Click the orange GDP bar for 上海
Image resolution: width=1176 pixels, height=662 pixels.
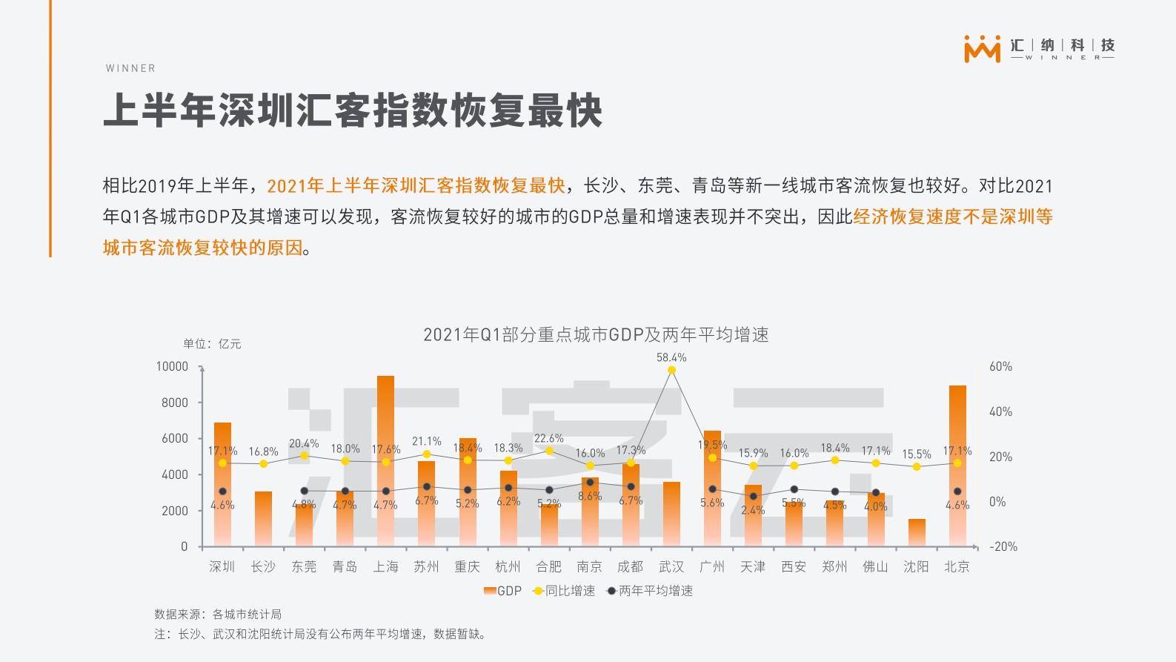point(385,460)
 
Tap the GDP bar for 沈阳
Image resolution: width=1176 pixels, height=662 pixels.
point(917,532)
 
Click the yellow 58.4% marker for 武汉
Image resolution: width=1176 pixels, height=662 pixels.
point(671,370)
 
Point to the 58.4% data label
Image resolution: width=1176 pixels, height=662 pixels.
point(671,357)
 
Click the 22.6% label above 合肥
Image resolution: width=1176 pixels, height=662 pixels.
point(549,438)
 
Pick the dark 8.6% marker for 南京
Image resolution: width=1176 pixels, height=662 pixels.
point(590,483)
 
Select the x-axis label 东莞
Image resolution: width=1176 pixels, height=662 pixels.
point(304,566)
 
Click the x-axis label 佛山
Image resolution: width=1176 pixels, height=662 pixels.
point(875,566)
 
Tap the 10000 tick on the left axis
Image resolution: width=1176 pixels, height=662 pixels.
point(172,366)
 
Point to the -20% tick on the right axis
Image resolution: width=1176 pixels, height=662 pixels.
point(1003,546)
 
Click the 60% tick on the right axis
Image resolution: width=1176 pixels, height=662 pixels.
point(1000,366)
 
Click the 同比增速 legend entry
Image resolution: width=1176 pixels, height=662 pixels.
point(564,591)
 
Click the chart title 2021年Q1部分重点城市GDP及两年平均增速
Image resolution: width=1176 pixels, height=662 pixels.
point(596,335)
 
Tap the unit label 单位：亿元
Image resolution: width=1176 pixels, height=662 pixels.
point(212,344)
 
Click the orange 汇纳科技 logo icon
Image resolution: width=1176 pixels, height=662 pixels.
point(982,49)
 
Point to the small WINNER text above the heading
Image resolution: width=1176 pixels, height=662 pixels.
point(130,68)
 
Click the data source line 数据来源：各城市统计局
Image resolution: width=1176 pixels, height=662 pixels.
point(218,614)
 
